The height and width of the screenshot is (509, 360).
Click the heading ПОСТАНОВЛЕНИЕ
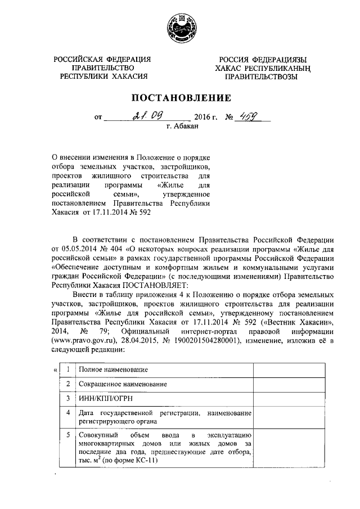pyautogui.click(x=181, y=98)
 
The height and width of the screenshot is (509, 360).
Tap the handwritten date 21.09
pyautogui.click(x=148, y=117)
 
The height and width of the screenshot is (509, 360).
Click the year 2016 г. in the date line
pyautogui.click(x=205, y=118)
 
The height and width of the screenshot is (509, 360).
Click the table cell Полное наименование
pyautogui.click(x=113, y=370)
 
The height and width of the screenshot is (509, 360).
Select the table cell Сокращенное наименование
pyautogui.click(x=123, y=384)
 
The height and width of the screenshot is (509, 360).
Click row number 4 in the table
pyautogui.click(x=67, y=412)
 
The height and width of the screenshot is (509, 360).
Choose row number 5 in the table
pyautogui.click(x=67, y=435)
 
